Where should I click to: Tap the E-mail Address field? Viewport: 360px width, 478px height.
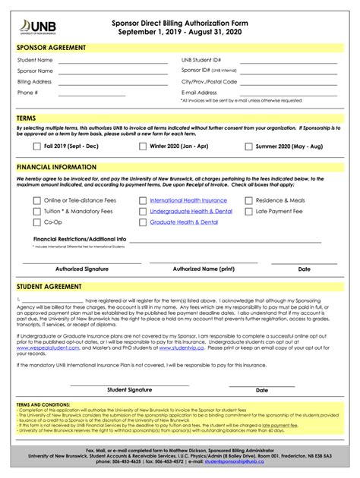(x=292, y=96)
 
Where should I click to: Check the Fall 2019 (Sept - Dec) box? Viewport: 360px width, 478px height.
(x=36, y=146)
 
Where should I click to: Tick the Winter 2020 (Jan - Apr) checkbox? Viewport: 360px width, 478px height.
(x=142, y=146)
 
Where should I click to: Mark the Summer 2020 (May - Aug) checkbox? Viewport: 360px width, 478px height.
(x=248, y=146)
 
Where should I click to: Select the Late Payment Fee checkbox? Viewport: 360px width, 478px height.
(x=248, y=212)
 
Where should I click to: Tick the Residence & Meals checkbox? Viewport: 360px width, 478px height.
(x=248, y=200)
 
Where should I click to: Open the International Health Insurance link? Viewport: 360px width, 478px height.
(x=188, y=200)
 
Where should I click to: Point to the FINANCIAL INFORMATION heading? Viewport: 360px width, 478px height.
(x=56, y=167)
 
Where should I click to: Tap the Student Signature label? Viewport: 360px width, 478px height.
(x=129, y=390)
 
